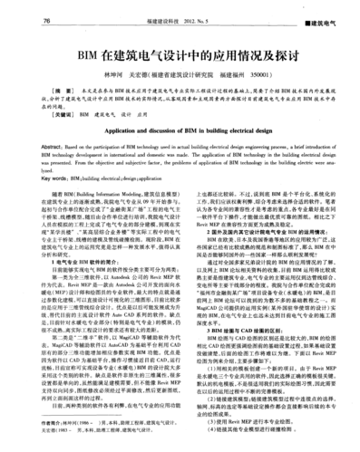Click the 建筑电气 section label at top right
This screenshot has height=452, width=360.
point(327,19)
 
